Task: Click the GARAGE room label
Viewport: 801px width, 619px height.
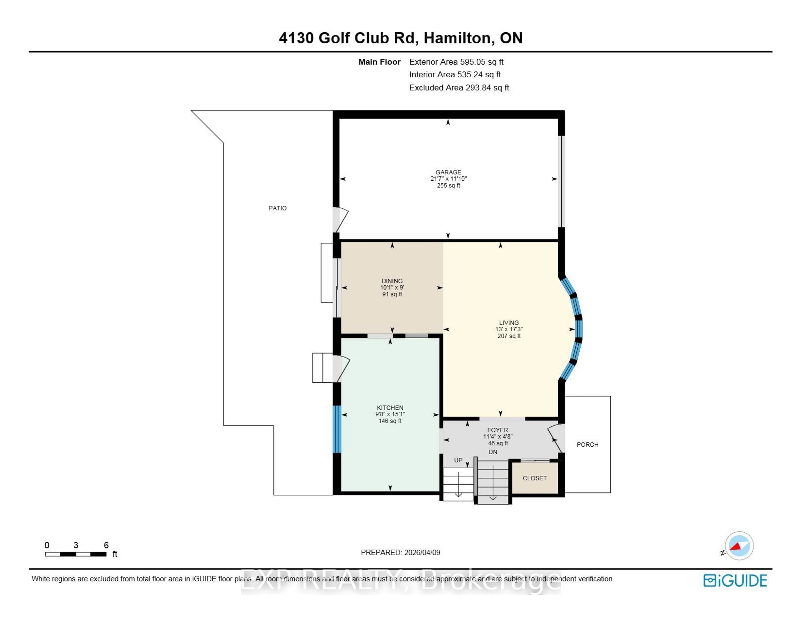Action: click(x=448, y=172)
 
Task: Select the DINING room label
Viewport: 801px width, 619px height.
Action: click(x=392, y=281)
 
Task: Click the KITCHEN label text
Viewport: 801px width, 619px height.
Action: click(x=390, y=408)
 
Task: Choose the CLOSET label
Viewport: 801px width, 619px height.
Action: click(x=534, y=478)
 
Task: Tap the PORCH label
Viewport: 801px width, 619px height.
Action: click(x=587, y=444)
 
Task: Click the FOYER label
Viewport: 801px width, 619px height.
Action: click(x=497, y=430)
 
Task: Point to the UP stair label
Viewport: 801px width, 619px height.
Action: click(x=458, y=460)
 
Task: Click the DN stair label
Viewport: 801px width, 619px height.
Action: click(x=492, y=452)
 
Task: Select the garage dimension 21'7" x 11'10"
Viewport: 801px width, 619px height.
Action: click(x=448, y=179)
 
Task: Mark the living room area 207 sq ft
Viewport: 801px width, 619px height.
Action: click(x=509, y=336)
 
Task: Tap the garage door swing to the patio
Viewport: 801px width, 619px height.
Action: click(x=340, y=219)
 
